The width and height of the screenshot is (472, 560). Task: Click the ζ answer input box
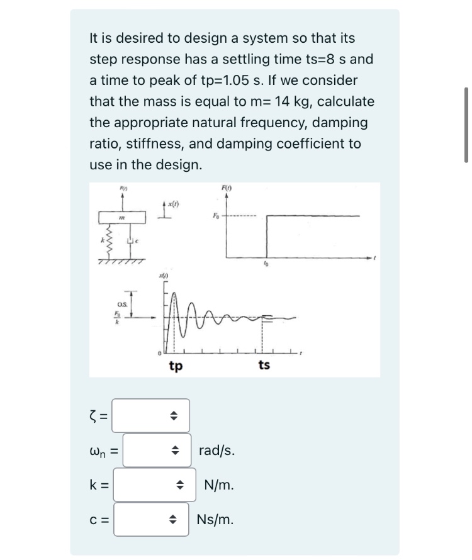pos(150,415)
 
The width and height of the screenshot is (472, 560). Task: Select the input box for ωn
pos(157,451)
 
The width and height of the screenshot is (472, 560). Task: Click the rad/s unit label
pos(217,451)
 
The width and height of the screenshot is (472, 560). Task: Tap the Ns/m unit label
pos(216,520)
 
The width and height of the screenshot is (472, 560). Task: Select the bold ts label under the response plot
pos(264,364)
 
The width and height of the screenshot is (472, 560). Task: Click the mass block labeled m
pos(123,217)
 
